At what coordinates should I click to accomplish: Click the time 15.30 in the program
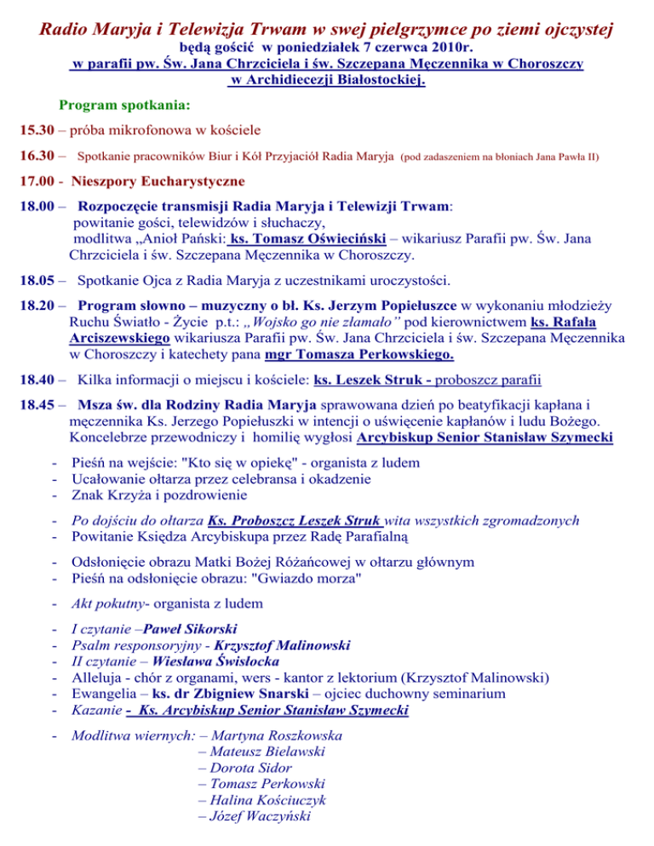point(38,132)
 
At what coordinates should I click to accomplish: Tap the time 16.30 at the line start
point(38,157)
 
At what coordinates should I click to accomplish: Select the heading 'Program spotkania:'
point(124,107)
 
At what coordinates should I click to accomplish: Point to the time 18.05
point(38,280)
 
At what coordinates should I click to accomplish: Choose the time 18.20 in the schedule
point(38,305)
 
